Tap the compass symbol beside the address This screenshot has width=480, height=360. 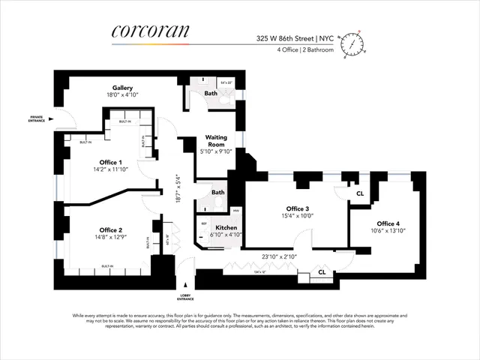pyautogui.click(x=352, y=44)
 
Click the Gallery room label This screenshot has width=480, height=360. pyautogui.click(x=123, y=88)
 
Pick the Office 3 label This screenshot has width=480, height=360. pyautogui.click(x=297, y=208)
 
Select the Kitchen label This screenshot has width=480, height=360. pyautogui.click(x=226, y=227)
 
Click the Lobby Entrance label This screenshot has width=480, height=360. pyautogui.click(x=187, y=297)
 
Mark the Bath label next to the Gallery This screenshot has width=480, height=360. pyautogui.click(x=211, y=94)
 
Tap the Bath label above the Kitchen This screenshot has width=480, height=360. pyautogui.click(x=217, y=193)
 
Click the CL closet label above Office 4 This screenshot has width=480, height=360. pyautogui.click(x=360, y=193)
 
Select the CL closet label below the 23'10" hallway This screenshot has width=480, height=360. pyautogui.click(x=322, y=271)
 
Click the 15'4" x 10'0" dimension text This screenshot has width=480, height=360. pyautogui.click(x=297, y=217)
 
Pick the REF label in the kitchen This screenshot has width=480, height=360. pyautogui.click(x=203, y=223)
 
